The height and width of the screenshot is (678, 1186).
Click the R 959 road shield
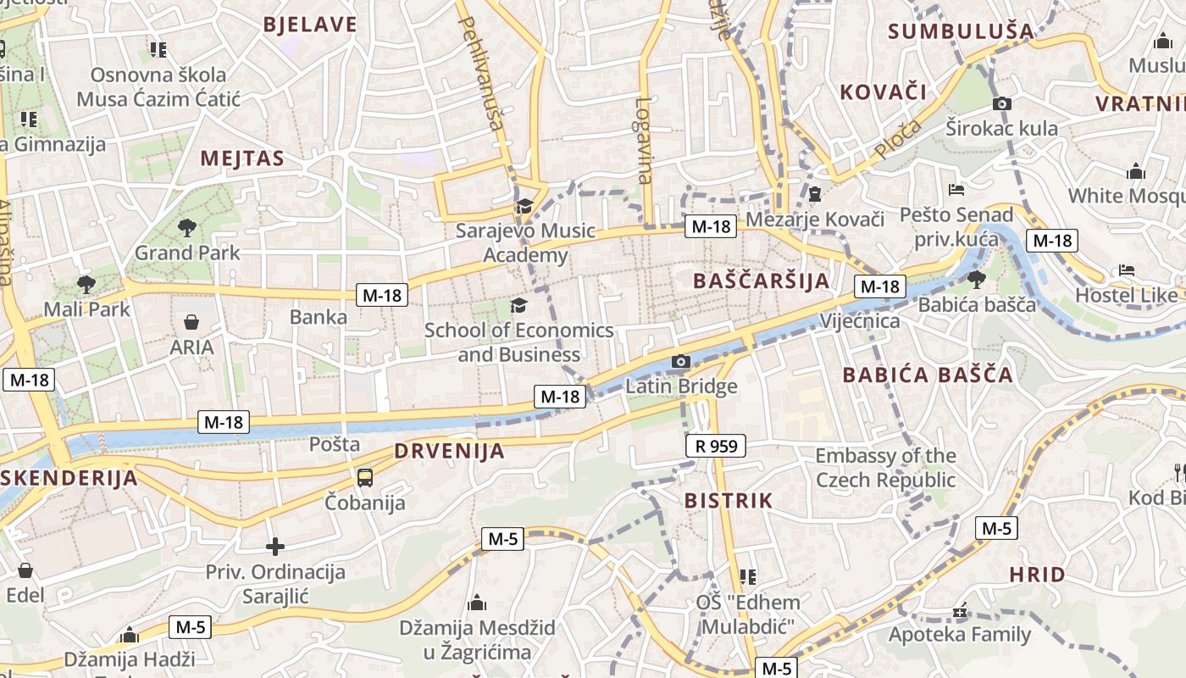pyautogui.click(x=716, y=445)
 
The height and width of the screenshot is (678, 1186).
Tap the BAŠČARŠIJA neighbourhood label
pyautogui.click(x=761, y=281)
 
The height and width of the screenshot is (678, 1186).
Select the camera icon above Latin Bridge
pyautogui.click(x=680, y=362)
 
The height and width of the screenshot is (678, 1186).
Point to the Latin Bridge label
pyautogui.click(x=681, y=387)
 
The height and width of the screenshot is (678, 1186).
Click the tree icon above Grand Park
pyautogui.click(x=187, y=227)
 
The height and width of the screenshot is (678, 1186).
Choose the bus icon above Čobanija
pyautogui.click(x=365, y=478)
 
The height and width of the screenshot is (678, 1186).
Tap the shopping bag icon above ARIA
pyautogui.click(x=191, y=322)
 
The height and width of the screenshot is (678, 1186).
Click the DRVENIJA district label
pyautogui.click(x=449, y=451)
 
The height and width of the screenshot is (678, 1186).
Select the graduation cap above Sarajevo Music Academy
pyautogui.click(x=525, y=206)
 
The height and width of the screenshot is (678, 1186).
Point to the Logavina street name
pyautogui.click(x=644, y=141)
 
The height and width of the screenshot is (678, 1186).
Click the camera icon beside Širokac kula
pyautogui.click(x=1002, y=103)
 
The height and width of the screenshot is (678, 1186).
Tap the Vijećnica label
pyautogui.click(x=860, y=321)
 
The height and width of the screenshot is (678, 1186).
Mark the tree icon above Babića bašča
pyautogui.click(x=977, y=278)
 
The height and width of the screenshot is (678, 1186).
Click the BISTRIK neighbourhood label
pyautogui.click(x=729, y=500)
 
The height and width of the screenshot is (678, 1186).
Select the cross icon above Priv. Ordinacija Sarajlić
pyautogui.click(x=275, y=547)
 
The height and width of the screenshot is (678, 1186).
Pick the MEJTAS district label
pyautogui.click(x=242, y=158)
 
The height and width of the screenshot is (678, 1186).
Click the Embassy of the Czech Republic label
pyautogui.click(x=885, y=468)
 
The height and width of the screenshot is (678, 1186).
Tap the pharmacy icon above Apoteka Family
pyautogui.click(x=960, y=610)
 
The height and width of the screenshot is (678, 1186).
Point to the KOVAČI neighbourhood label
pyautogui.click(x=883, y=92)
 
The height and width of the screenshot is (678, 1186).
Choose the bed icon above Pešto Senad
pyautogui.click(x=957, y=189)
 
